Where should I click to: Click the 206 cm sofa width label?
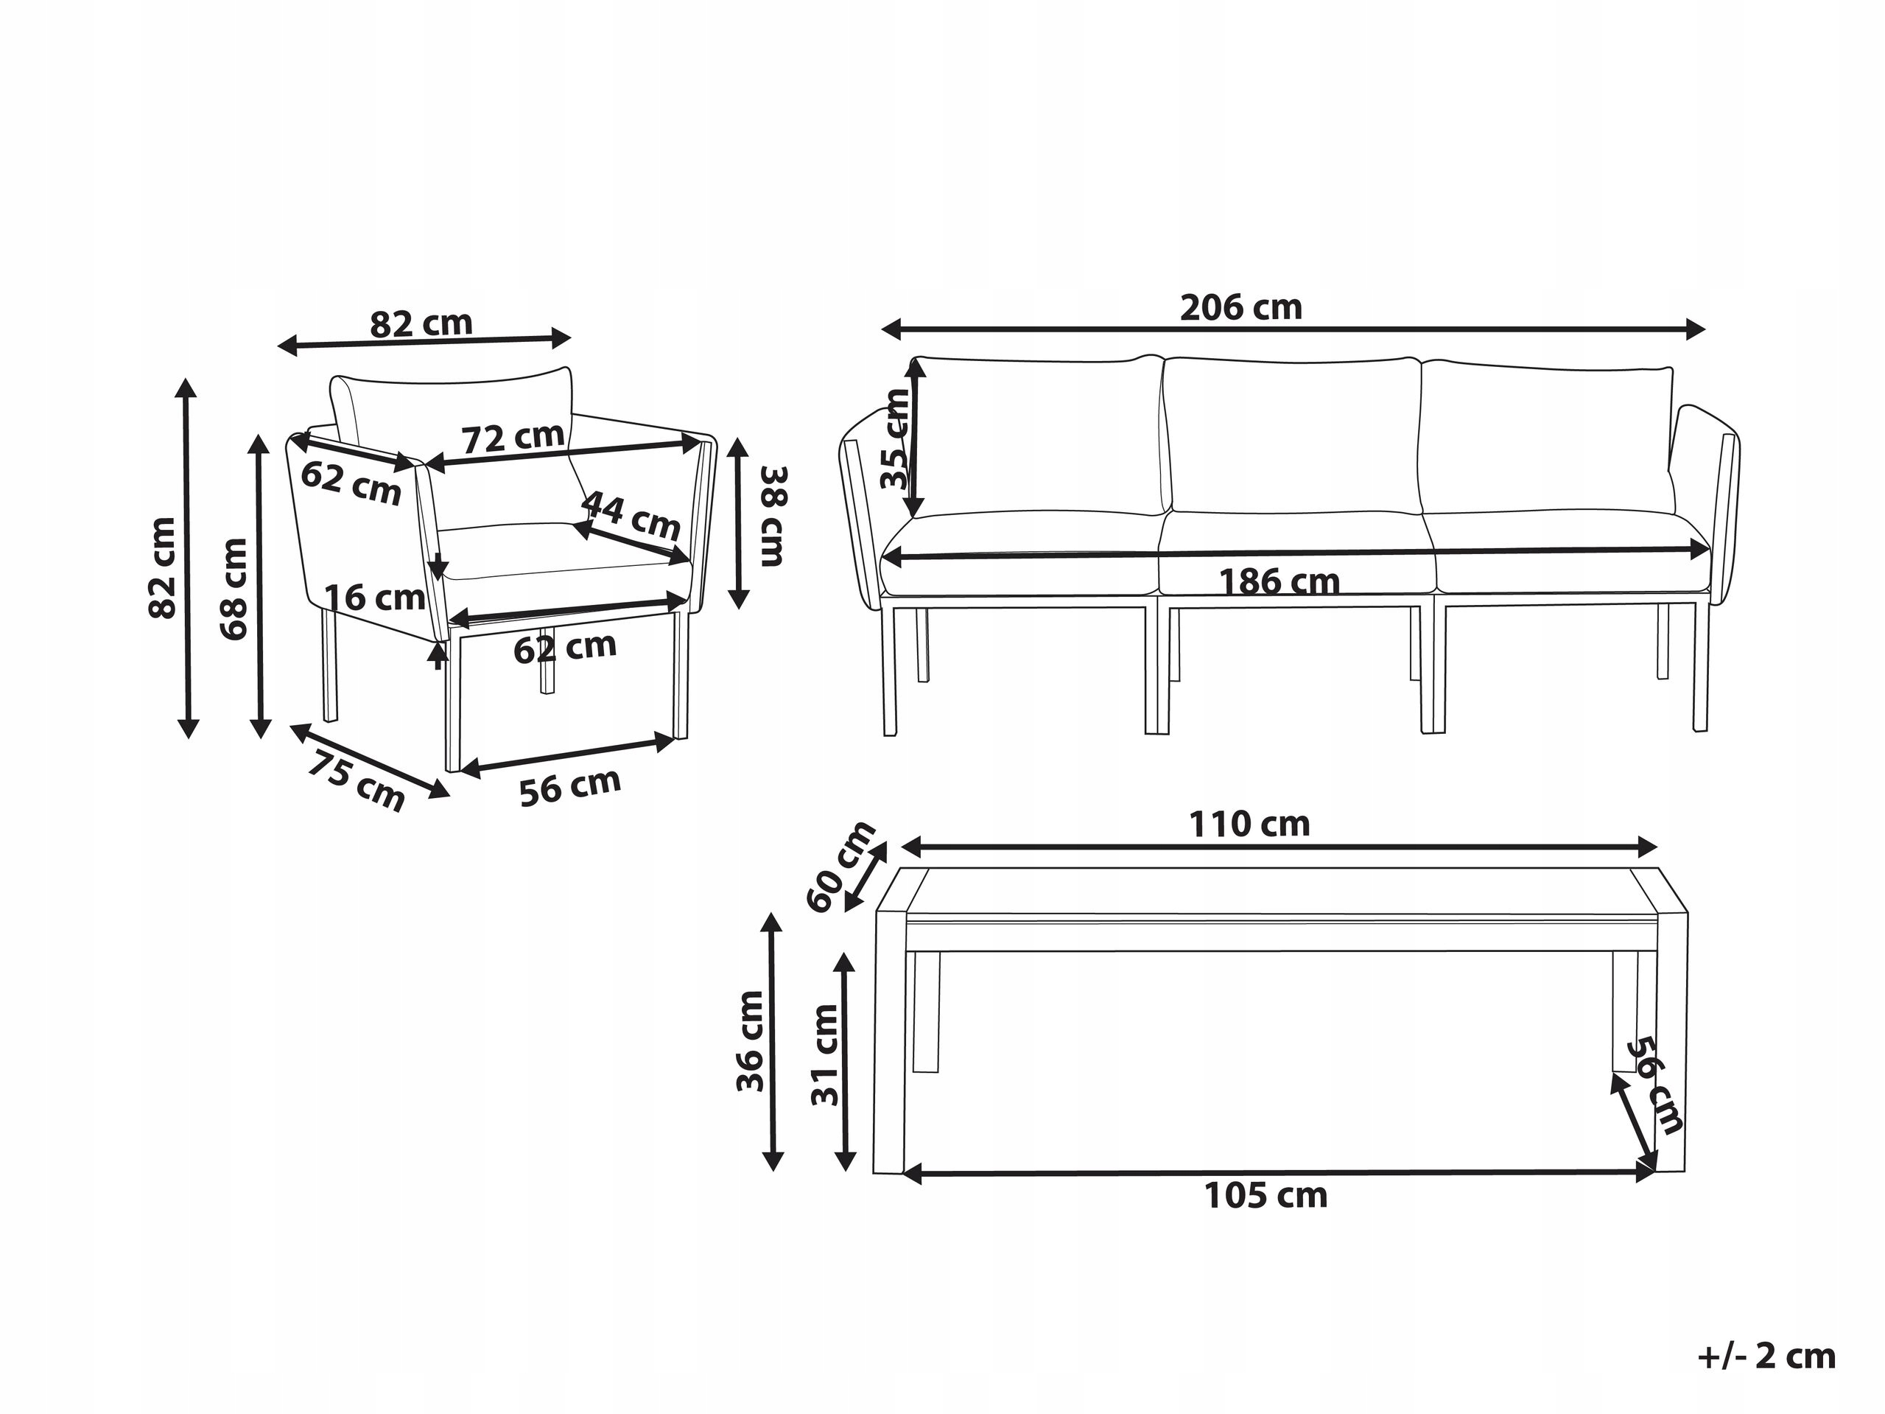(x=1240, y=308)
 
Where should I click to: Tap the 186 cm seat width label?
(x=1279, y=582)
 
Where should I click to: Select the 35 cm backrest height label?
(x=896, y=439)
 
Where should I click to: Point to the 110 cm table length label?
(x=1249, y=825)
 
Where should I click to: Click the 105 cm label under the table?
(x=1266, y=1197)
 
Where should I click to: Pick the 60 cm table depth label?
(x=841, y=866)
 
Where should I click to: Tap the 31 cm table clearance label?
(x=824, y=1055)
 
